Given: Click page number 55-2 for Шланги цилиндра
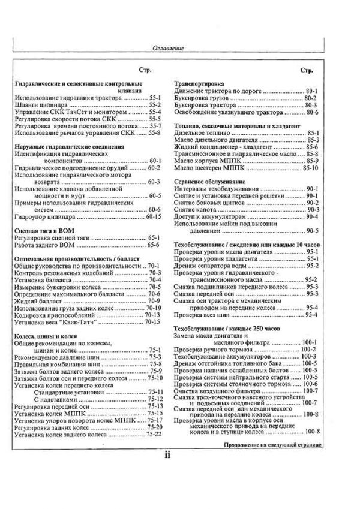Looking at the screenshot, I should (157, 104).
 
